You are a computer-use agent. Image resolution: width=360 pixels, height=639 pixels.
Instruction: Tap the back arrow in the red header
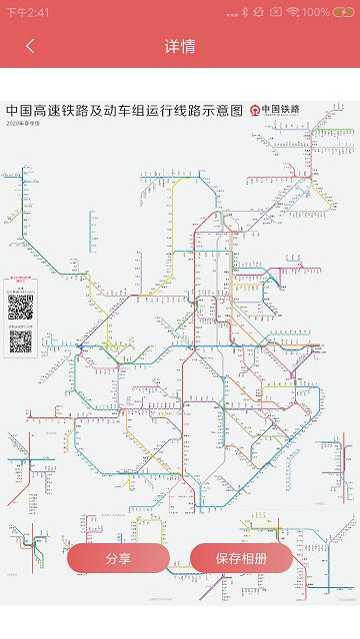tap(30, 46)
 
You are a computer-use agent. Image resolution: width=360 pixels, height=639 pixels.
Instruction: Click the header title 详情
tap(180, 46)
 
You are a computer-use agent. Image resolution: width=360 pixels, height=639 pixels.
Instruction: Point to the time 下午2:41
tap(28, 12)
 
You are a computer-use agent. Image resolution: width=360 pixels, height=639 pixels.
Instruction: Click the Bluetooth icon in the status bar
tap(245, 12)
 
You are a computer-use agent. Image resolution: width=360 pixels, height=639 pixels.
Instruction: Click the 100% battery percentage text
tap(315, 12)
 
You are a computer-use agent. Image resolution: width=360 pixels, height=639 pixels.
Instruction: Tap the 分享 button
tap(118, 558)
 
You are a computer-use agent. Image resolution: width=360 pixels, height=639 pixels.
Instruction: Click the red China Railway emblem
tap(255, 111)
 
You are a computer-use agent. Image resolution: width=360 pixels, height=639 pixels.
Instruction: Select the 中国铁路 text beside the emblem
tap(281, 111)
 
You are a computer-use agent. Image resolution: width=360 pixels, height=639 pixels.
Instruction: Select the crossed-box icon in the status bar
tap(275, 12)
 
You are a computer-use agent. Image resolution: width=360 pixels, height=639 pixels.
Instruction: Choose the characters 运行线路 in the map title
tap(176, 111)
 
